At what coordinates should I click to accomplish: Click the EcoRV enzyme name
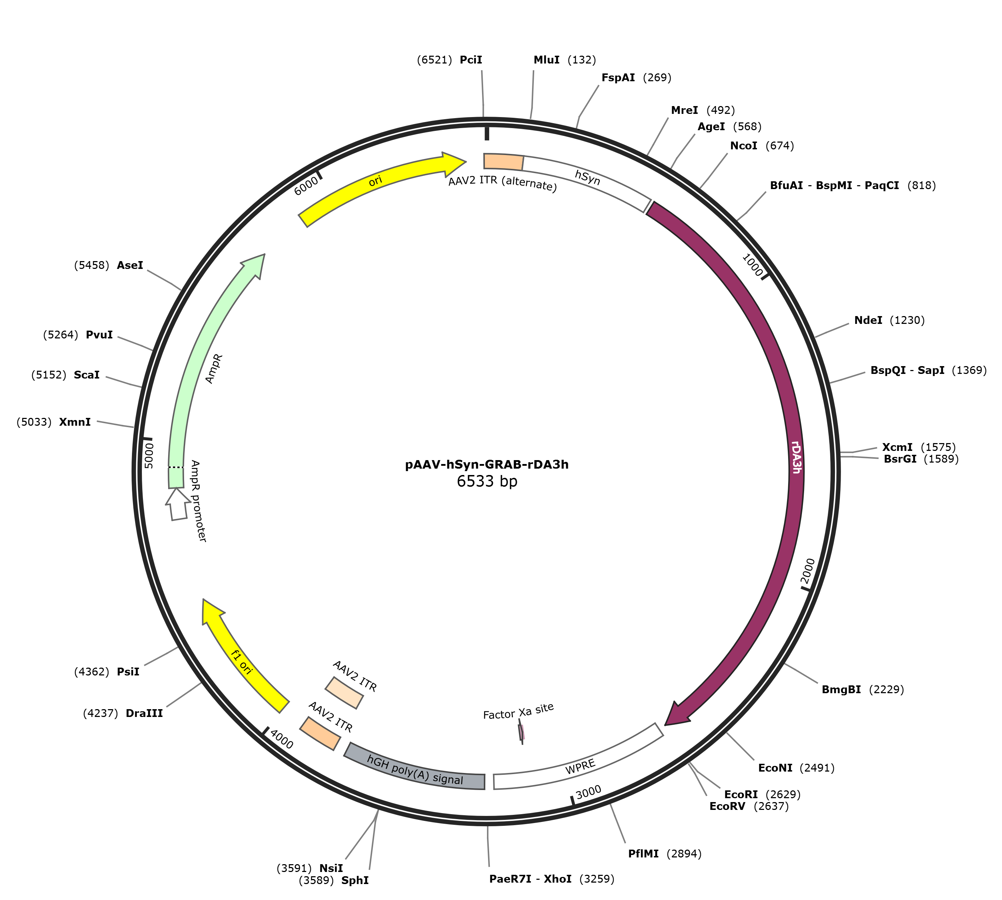727,807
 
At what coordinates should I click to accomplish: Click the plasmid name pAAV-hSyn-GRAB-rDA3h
487,464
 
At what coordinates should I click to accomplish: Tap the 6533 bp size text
487,481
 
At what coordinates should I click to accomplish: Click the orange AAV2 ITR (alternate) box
503,162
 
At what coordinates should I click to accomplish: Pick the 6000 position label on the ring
306,186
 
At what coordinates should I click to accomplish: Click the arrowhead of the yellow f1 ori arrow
212,612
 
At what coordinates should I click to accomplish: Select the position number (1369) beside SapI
969,370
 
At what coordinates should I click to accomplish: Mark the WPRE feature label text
580,767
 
